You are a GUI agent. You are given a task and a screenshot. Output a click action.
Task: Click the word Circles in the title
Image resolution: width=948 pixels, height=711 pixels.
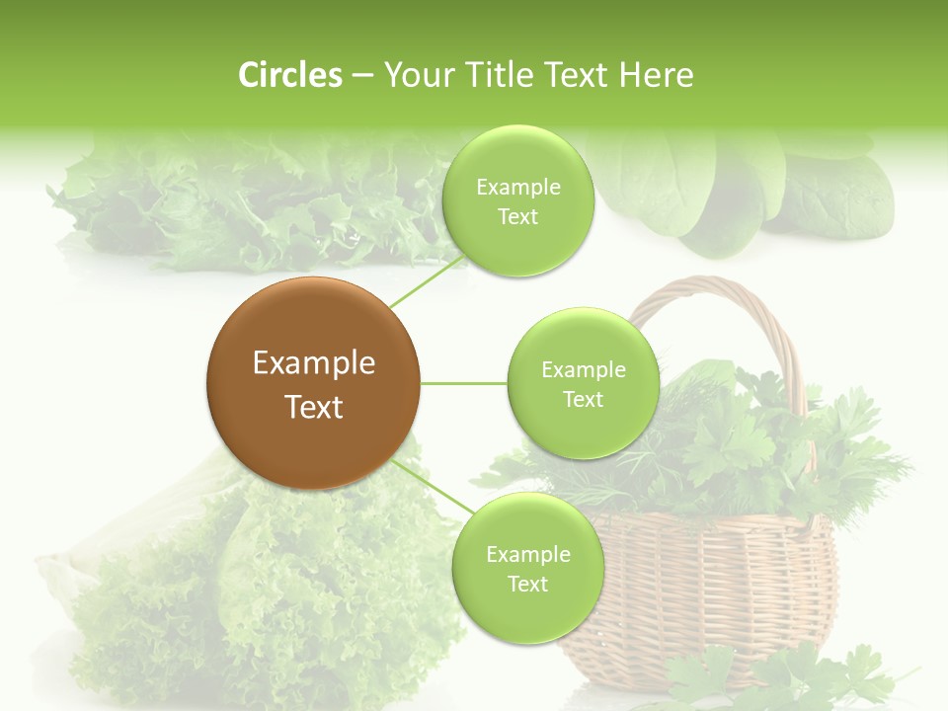tap(290, 75)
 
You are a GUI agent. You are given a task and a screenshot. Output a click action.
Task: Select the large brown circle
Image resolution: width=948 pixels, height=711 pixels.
tap(313, 383)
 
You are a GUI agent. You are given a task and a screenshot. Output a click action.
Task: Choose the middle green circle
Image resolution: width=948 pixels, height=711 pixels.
tap(584, 383)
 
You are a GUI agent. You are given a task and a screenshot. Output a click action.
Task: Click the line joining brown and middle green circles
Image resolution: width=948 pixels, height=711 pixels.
tap(464, 383)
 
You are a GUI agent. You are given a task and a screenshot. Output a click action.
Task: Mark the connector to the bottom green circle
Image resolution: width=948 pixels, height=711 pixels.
tap(432, 488)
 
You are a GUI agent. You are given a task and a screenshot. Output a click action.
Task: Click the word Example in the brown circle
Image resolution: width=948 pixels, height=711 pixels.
tap(314, 363)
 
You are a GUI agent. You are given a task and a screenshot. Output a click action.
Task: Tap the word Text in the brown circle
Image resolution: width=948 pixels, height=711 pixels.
tap(314, 407)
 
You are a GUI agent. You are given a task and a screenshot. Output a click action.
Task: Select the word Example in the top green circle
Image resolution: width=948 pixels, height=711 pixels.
tap(517, 188)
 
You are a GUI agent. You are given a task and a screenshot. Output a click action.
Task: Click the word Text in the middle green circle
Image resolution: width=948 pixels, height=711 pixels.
tap(583, 399)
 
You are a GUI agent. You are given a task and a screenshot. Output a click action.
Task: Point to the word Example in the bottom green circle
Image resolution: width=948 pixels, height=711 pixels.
tap(527, 555)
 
